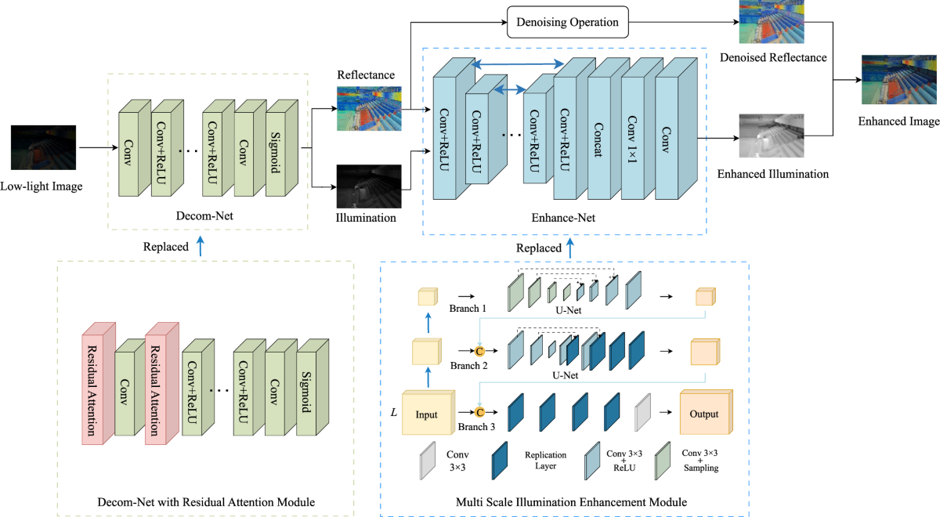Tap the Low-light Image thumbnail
(44, 146)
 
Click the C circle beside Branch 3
(481, 411)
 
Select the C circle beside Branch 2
(480, 350)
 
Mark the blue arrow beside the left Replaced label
(201, 246)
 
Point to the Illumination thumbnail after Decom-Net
(368, 186)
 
